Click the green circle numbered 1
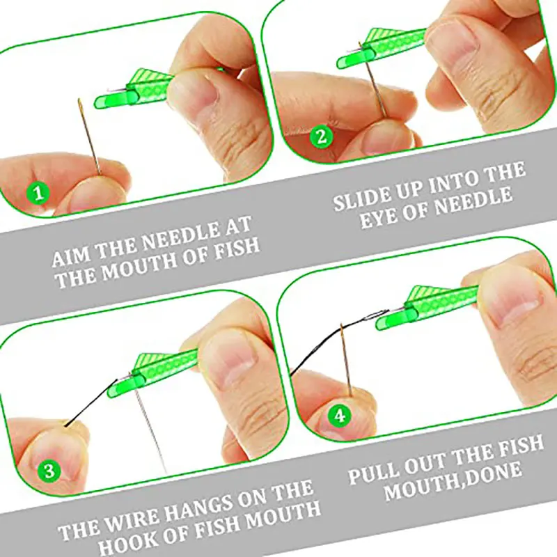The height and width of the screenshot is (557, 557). [x=38, y=193]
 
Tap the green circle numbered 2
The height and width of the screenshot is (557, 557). [x=321, y=136]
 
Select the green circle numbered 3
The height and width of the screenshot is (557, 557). [x=49, y=471]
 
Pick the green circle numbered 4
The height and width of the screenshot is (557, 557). [x=340, y=415]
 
